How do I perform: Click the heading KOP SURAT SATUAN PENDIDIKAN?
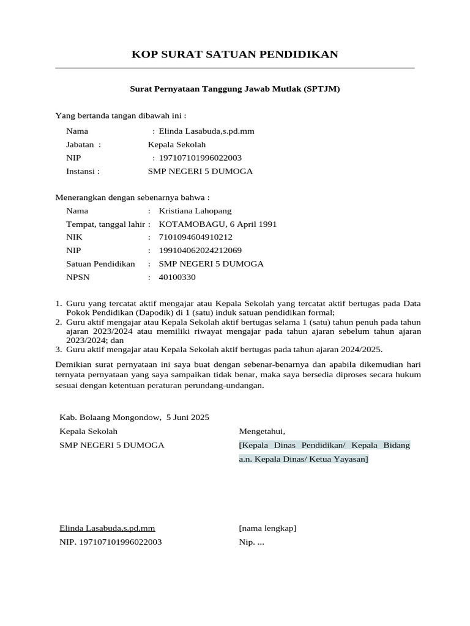235,55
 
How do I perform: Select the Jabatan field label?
83,145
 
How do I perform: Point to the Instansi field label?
83,172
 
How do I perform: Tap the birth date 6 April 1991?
247,224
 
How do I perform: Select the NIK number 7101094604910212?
195,237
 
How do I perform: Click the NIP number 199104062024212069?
200,251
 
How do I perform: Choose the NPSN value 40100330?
177,278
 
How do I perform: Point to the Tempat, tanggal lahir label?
105,224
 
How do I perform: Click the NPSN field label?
77,278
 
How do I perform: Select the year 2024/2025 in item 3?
359,350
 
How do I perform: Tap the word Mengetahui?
262,432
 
